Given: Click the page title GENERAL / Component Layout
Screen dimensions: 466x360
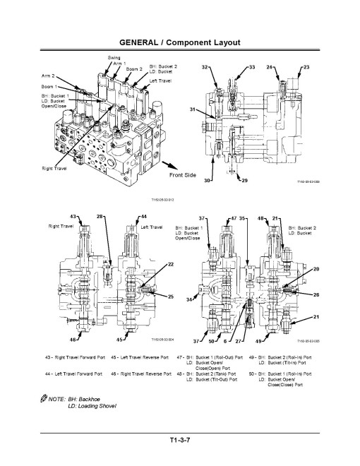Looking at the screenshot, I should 179,43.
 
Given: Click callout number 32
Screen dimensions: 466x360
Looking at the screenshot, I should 205,66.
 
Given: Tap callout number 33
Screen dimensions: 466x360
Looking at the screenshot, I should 252,66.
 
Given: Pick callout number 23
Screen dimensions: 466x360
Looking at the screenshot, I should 306,66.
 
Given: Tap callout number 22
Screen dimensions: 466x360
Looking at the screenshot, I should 170,263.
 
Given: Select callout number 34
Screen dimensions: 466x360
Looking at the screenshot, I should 188,300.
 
